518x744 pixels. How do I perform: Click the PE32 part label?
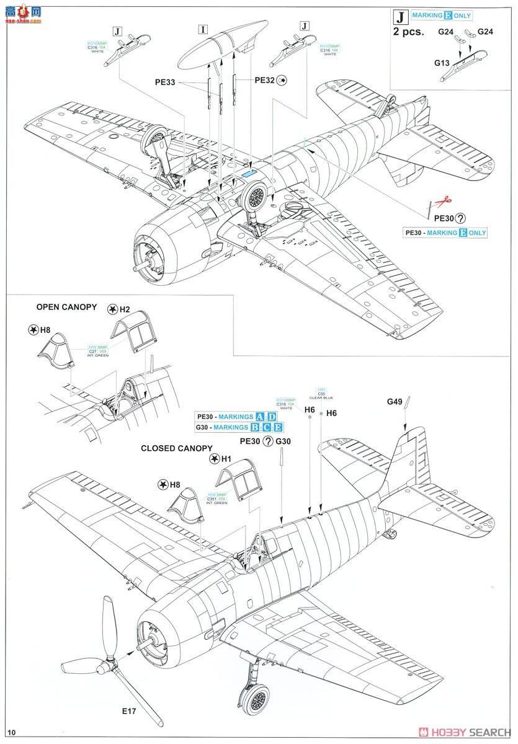point(265,80)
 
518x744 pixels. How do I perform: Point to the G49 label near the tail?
point(395,402)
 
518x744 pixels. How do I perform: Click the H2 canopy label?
point(125,309)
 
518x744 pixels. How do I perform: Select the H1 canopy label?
point(226,459)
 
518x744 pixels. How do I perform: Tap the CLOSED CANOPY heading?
point(177,448)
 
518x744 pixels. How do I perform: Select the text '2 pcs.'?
point(409,32)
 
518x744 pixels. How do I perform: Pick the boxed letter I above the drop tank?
point(203,29)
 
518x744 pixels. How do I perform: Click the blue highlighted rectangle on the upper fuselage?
point(251,174)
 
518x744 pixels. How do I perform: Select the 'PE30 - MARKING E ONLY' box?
point(445,232)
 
